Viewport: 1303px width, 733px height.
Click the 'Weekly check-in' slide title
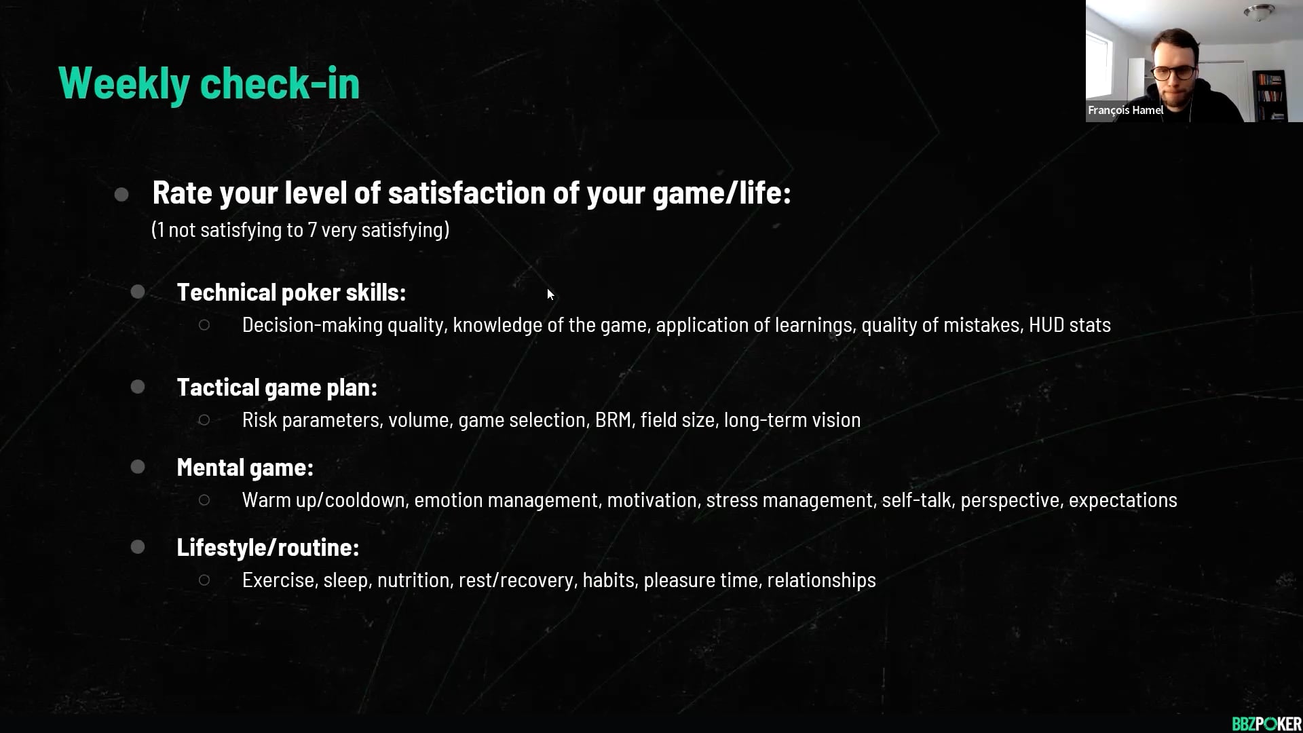coord(209,83)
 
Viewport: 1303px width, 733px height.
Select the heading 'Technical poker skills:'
coord(291,293)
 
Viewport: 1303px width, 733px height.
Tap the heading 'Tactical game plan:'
coord(277,388)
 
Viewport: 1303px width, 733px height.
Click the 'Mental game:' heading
coord(245,468)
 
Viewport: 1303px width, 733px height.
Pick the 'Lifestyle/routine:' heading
coord(268,548)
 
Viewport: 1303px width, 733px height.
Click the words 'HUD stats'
coord(1070,325)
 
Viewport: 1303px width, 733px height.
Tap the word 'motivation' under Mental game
coord(651,500)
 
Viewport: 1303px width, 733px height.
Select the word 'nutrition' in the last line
coord(413,580)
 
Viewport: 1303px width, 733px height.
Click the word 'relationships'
coord(821,580)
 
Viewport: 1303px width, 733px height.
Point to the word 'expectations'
coord(1122,500)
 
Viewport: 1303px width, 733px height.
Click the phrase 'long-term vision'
coord(792,420)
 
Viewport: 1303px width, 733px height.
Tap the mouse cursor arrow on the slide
coord(550,294)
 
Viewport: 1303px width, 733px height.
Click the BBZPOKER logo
coord(1266,723)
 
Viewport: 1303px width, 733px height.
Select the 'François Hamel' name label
coord(1125,110)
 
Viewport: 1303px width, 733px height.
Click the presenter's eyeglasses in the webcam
coord(1175,73)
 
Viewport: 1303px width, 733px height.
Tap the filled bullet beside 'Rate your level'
coord(121,195)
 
